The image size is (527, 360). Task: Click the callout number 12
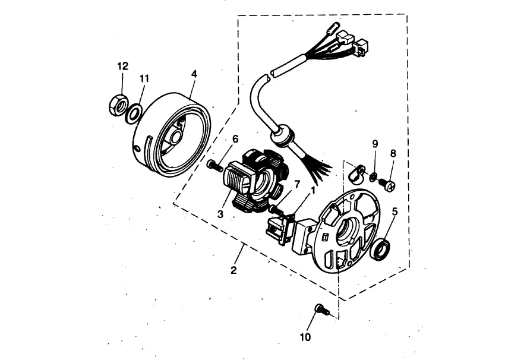point(122,66)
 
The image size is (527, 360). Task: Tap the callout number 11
point(144,78)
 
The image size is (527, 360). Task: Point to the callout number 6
point(235,139)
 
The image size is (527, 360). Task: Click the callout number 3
point(220,214)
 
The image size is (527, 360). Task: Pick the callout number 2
point(233,270)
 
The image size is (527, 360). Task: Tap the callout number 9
point(375,144)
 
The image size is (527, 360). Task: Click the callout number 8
point(393,153)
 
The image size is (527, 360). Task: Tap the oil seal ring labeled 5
point(381,248)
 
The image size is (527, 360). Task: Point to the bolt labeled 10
point(321,309)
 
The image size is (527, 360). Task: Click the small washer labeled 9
point(372,176)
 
